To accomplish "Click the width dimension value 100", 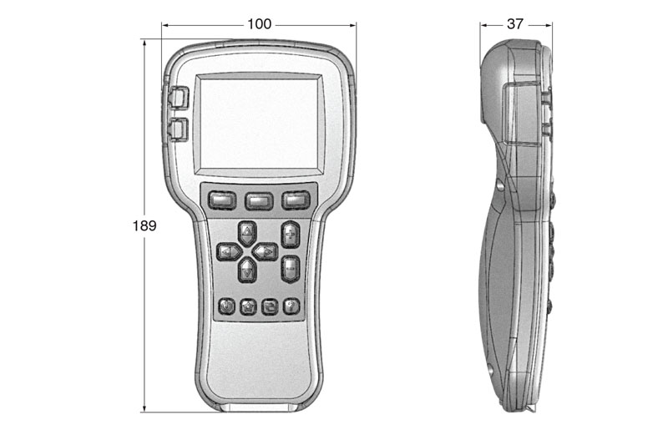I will click(259, 24).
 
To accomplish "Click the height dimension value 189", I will click(144, 225).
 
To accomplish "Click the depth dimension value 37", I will click(515, 24).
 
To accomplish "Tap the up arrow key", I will click(247, 231).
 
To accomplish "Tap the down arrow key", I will click(247, 269).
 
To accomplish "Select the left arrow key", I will click(228, 250).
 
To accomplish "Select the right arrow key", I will click(266, 250).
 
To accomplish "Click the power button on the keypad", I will click(227, 306).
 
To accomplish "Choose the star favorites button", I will click(248, 306).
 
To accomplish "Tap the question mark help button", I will click(291, 306).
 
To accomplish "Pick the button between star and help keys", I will click(269, 306).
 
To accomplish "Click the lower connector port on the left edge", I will click(178, 129).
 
